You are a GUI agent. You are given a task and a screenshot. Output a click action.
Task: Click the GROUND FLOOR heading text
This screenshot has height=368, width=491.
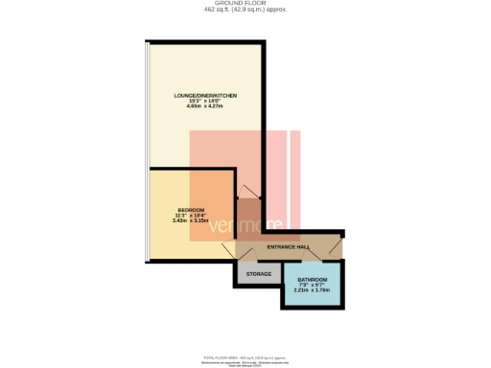[x=245, y=4]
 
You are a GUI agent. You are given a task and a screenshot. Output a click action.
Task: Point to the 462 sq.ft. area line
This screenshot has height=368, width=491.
[x=245, y=10]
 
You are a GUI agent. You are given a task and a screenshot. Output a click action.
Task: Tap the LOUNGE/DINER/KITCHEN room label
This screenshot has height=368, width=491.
[x=205, y=97]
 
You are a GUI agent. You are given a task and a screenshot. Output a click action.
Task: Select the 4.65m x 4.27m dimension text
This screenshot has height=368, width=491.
[x=205, y=106]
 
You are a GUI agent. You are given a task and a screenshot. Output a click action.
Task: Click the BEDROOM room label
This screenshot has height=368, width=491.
[x=191, y=210]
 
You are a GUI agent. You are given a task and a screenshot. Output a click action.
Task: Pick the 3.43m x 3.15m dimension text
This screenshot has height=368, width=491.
[x=191, y=220]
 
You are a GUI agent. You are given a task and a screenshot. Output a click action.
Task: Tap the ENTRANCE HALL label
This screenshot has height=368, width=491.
[x=287, y=247]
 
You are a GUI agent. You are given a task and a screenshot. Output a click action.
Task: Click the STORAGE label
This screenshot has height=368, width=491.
[x=259, y=274]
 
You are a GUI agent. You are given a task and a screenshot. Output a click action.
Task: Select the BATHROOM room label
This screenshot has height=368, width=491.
[x=312, y=280]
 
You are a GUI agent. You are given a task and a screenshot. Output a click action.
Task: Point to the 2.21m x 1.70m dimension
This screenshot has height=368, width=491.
[x=312, y=290]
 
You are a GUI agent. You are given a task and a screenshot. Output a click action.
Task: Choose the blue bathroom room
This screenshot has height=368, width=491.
[x=312, y=297]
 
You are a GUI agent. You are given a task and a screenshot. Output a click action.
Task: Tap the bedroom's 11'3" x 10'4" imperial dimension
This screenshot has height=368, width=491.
[x=191, y=216]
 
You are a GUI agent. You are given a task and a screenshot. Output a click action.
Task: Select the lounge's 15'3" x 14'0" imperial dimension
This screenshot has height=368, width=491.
[x=205, y=102]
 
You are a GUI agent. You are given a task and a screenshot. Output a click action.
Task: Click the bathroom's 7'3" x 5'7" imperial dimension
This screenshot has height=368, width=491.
[x=312, y=286]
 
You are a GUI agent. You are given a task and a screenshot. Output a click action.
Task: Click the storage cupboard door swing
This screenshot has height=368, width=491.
[x=245, y=253]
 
